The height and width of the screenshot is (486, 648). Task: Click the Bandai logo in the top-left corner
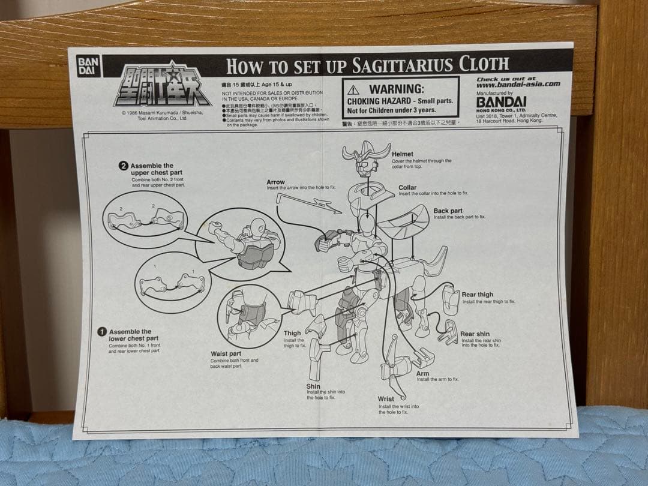(88, 66)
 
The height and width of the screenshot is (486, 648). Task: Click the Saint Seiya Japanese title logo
(162, 84)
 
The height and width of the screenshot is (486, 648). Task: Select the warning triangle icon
(353, 90)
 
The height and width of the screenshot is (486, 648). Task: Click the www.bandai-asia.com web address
(518, 85)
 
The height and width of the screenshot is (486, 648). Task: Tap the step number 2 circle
(124, 166)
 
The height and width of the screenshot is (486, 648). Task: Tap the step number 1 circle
(102, 332)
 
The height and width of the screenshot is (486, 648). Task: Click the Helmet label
(402, 154)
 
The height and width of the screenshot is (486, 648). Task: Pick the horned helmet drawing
(365, 157)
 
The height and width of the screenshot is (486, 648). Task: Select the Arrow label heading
(276, 182)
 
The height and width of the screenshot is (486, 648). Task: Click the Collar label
(407, 187)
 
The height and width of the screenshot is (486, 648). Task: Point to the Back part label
(448, 211)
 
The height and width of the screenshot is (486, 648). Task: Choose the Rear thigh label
(477, 295)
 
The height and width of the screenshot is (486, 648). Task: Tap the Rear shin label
(475, 334)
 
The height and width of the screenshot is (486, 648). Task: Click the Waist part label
(226, 354)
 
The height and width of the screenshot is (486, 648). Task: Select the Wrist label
(386, 399)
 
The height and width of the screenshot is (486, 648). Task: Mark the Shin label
(313, 386)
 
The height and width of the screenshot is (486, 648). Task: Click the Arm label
(423, 373)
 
